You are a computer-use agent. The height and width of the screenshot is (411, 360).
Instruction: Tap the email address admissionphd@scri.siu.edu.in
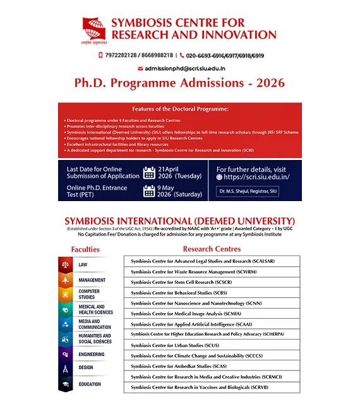coord(184,68)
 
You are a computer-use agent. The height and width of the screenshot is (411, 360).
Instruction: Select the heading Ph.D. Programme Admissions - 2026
coord(179,83)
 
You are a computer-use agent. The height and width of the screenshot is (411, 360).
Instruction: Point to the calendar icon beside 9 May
coord(149,191)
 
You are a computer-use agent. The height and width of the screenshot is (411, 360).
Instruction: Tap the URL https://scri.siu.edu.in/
coord(253,178)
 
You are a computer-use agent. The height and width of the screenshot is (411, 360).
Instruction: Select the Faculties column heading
coord(85,249)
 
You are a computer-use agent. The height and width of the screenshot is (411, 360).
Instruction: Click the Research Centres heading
coord(212,248)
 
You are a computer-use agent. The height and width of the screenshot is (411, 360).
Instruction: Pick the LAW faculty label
coord(83,264)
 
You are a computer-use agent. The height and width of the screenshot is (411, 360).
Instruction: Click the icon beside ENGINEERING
coord(66,355)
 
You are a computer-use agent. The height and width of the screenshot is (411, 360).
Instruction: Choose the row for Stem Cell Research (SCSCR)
coord(212,281)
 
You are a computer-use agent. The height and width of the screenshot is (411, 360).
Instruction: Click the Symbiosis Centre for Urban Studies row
coord(212,345)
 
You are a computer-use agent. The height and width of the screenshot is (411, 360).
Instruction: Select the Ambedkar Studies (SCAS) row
coord(212,366)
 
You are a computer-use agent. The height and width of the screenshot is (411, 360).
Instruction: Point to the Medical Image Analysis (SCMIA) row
coord(212,313)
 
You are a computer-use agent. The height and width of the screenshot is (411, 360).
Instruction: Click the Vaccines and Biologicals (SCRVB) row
coord(212,387)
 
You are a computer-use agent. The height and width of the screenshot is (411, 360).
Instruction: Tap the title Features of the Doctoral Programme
coord(180,109)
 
